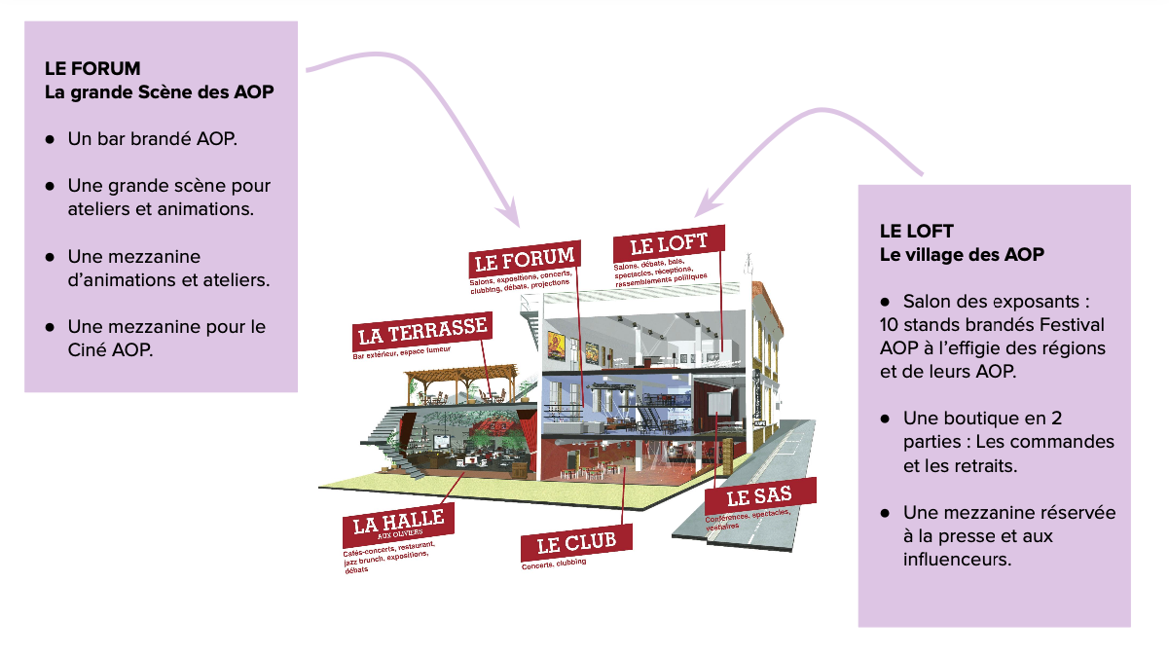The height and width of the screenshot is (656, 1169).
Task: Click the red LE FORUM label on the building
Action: [x=524, y=259]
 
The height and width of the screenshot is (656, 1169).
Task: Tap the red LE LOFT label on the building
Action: [x=669, y=244]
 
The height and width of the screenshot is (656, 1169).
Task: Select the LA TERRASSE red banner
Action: [x=421, y=332]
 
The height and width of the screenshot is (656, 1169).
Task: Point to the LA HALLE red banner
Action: [x=399, y=524]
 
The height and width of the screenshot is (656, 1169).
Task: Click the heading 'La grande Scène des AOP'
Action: [x=159, y=92]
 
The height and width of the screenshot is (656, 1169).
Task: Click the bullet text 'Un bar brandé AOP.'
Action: [x=153, y=139]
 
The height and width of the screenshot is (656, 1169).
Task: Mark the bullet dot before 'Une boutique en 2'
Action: [x=885, y=419]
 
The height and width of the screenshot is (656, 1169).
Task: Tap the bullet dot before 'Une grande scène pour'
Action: [x=49, y=186]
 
